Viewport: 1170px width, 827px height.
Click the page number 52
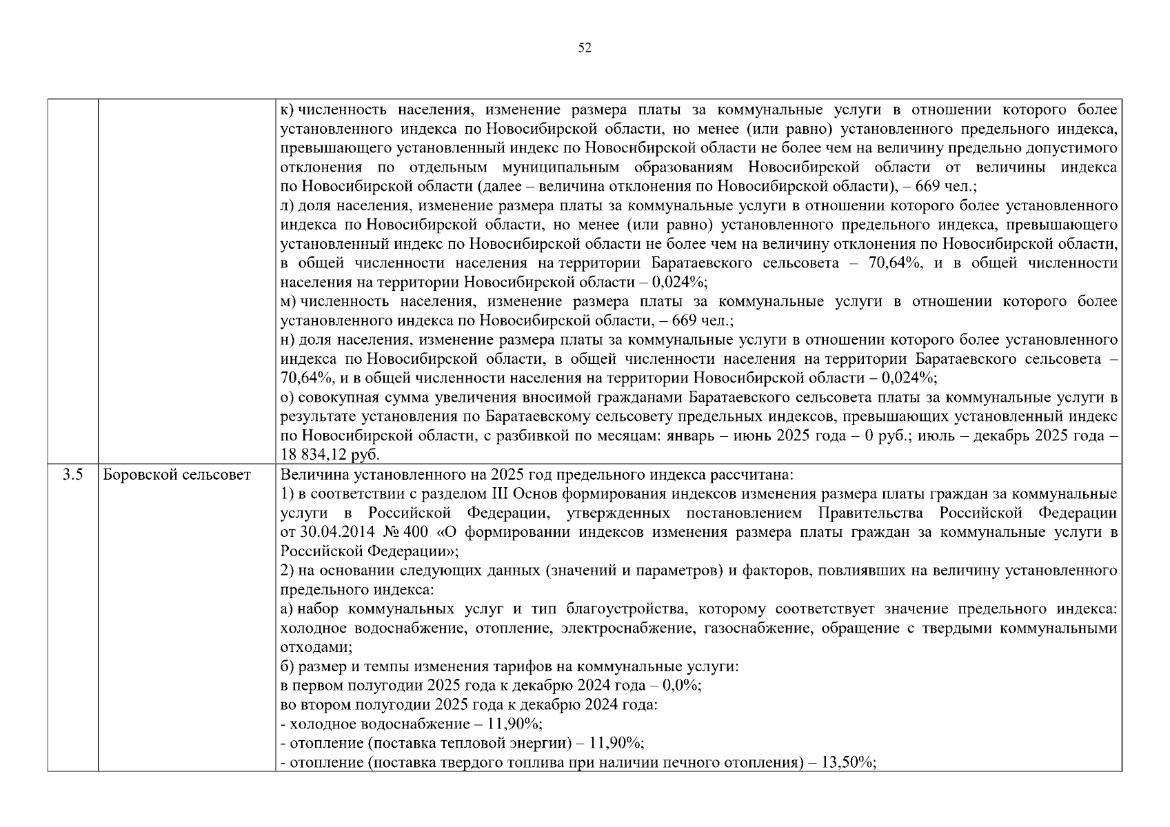pos(584,48)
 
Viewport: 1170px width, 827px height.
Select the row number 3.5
pos(72,475)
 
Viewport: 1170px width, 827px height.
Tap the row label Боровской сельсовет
pos(177,475)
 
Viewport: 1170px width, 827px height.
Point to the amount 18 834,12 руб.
pos(330,455)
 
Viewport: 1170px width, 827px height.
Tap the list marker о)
pos(288,398)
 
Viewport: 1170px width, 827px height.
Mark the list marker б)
pos(288,667)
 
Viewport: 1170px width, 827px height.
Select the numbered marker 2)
pos(288,571)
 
